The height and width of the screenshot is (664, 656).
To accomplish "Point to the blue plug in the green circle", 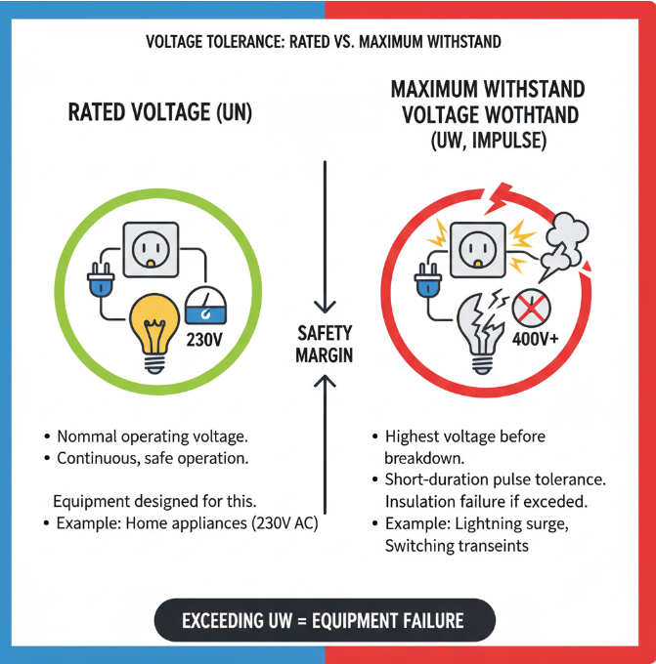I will click(99, 282).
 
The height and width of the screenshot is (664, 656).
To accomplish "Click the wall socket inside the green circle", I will click(150, 248).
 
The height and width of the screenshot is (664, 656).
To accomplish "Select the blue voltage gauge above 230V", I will click(206, 307).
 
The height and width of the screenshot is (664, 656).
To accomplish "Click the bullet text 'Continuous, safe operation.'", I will click(153, 457).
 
